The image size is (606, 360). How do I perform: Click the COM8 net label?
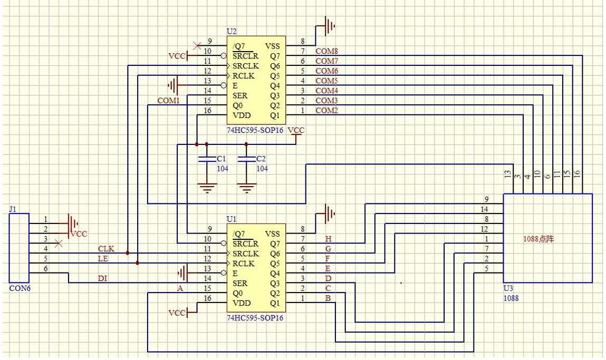click(x=326, y=51)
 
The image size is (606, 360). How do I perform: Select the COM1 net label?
click(x=168, y=100)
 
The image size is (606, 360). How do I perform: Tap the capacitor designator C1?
click(x=222, y=159)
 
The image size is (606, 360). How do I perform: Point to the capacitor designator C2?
click(x=261, y=159)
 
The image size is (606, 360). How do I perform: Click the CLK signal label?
click(x=105, y=249)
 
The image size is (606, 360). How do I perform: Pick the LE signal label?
click(x=103, y=259)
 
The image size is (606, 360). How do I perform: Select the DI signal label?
click(x=103, y=278)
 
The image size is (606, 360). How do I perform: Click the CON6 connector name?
click(x=20, y=289)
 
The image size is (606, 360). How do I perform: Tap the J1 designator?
click(x=13, y=209)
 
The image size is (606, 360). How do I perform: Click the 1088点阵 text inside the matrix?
click(x=538, y=239)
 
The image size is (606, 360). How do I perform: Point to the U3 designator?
click(x=508, y=289)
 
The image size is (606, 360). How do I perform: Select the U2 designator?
click(x=232, y=31)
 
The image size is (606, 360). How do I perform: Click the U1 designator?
click(x=232, y=218)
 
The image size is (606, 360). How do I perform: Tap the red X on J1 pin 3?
click(x=59, y=243)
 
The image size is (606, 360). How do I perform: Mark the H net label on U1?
click(x=328, y=239)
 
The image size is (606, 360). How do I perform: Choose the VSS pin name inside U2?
click(x=273, y=46)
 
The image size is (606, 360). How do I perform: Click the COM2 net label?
click(x=326, y=111)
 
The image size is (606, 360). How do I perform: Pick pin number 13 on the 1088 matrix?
click(x=507, y=173)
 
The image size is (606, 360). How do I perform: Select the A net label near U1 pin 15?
click(x=180, y=288)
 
